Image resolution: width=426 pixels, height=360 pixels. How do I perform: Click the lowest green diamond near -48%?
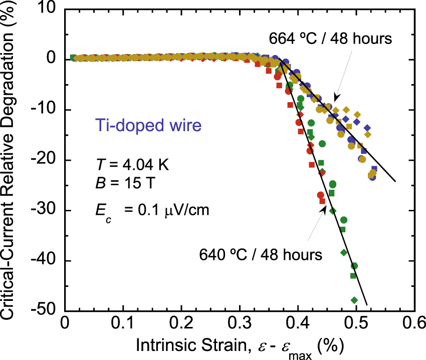tap(354, 300)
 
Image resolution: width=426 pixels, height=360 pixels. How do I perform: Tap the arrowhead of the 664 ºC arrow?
tap(336, 98)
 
